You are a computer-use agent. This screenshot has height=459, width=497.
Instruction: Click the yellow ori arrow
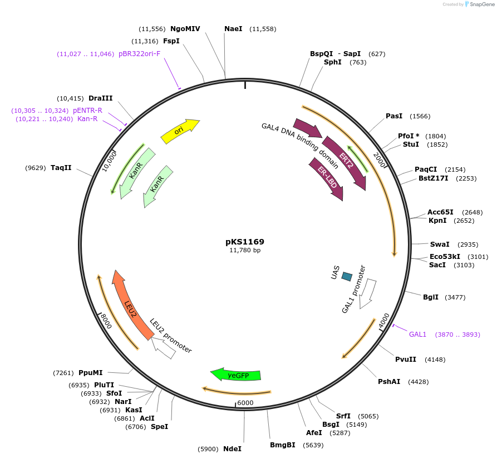tap(179, 131)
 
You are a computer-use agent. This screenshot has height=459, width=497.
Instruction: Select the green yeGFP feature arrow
tap(236, 375)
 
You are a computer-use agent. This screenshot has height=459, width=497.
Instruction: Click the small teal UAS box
tap(347, 276)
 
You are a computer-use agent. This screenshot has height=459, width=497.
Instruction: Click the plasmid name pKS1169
tap(245, 242)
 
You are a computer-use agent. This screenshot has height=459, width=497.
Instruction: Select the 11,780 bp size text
tap(245, 251)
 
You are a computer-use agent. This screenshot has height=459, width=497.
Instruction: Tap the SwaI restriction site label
tap(440, 245)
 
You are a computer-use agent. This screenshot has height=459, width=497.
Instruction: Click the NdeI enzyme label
tap(233, 448)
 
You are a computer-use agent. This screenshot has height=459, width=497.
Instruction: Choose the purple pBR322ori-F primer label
tap(139, 54)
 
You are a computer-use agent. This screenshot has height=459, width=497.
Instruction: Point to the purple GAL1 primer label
tap(417, 335)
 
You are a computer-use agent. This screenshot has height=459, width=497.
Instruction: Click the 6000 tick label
tap(245, 403)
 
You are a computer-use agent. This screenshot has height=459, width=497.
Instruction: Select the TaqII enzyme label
tap(61, 167)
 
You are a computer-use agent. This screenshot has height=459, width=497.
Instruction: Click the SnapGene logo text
tap(482, 4)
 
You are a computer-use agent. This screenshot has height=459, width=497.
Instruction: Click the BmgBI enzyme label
tap(283, 445)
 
